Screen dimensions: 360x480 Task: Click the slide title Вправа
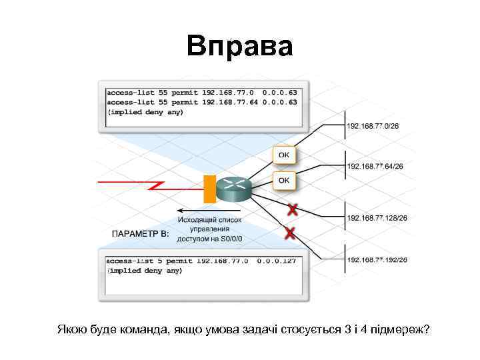(239, 47)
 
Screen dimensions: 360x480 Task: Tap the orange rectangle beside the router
(209, 189)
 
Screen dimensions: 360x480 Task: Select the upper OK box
(283, 155)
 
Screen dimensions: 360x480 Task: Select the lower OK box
(283, 180)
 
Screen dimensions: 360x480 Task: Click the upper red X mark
(291, 211)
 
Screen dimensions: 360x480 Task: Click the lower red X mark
(289, 233)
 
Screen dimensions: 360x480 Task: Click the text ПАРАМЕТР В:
(140, 234)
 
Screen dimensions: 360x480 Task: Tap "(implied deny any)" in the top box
(145, 112)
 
